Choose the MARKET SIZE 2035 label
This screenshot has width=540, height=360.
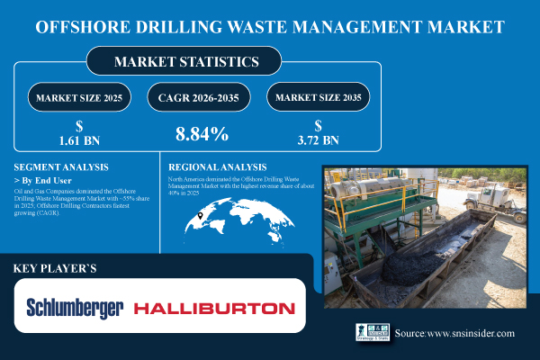point(322,96)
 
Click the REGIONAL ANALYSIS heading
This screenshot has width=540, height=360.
point(218,167)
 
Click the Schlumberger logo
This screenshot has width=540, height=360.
point(76,308)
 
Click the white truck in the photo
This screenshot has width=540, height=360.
point(499,203)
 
